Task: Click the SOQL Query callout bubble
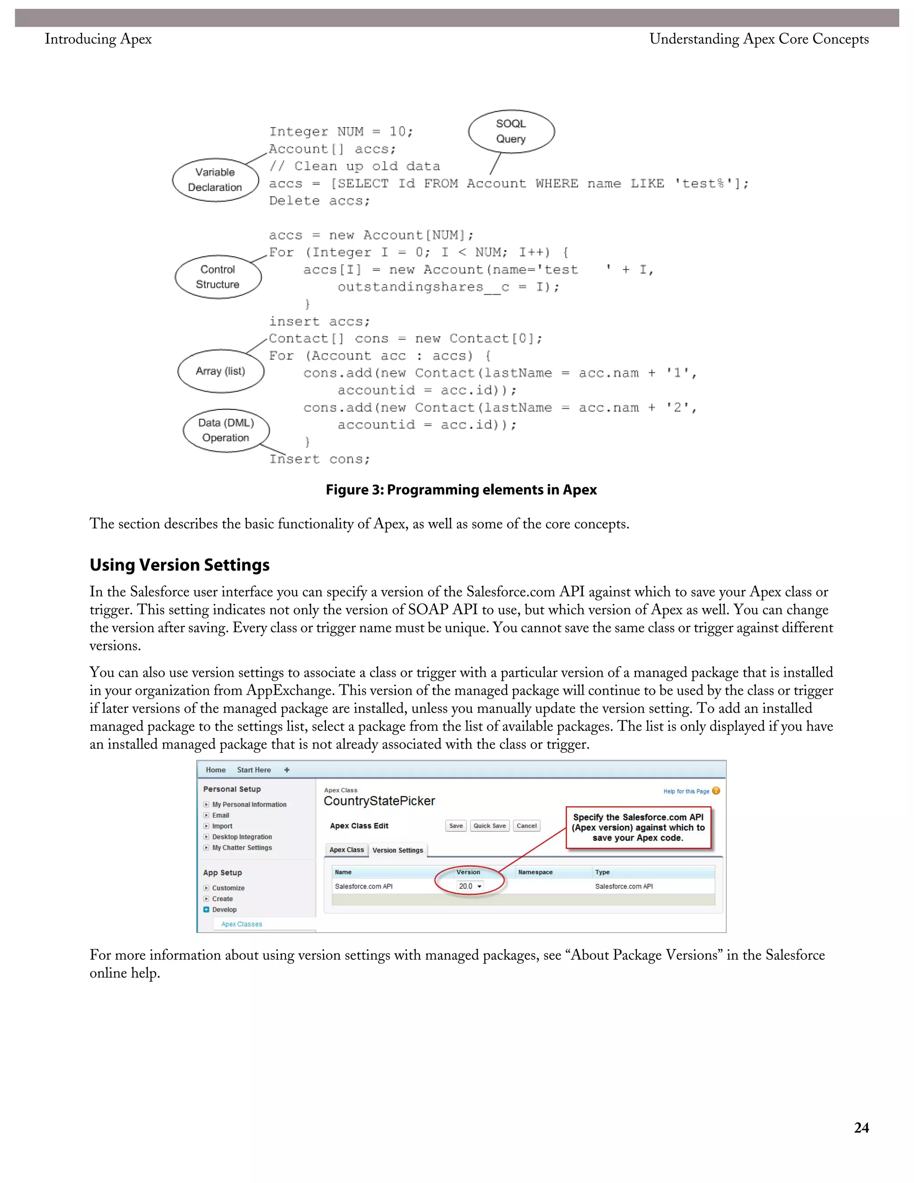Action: point(511,132)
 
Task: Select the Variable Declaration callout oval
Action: point(215,180)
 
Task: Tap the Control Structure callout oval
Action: point(218,277)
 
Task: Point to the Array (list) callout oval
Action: point(220,371)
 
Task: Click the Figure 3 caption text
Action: point(461,490)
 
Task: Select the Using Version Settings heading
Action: point(179,565)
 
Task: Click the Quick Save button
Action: point(490,826)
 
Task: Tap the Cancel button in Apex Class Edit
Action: point(526,826)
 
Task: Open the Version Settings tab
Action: point(398,850)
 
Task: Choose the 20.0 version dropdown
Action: point(469,886)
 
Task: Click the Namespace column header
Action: point(535,872)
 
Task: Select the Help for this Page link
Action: point(686,791)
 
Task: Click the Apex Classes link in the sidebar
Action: point(241,924)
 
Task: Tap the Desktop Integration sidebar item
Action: point(242,837)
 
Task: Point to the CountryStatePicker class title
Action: point(379,801)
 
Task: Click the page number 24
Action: point(861,1128)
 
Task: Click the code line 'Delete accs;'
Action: point(320,201)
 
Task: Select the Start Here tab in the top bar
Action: point(253,770)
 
